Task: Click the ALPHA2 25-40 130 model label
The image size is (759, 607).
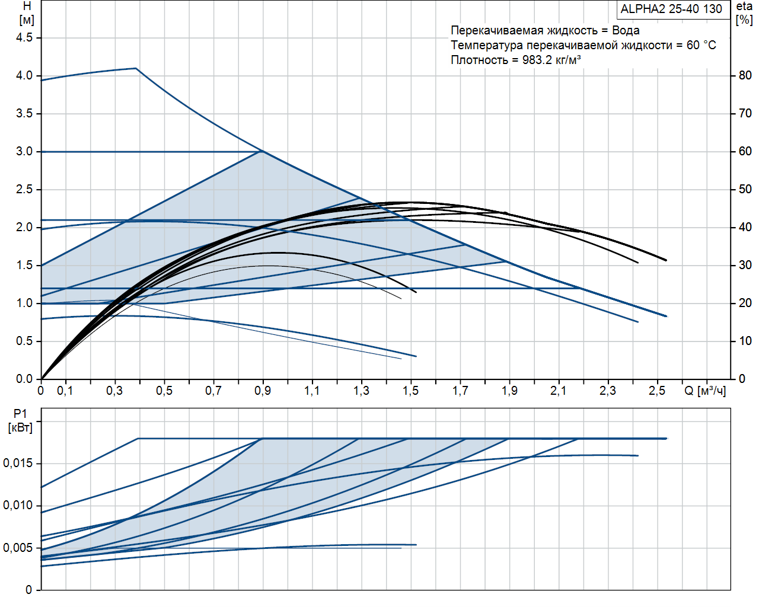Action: [671, 9]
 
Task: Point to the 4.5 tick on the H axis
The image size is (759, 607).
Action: [24, 37]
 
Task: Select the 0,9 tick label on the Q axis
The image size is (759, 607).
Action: [263, 391]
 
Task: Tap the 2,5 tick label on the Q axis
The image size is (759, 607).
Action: [657, 391]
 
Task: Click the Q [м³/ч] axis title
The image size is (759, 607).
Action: [704, 391]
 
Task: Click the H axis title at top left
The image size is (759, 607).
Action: [27, 12]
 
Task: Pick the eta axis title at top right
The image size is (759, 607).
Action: [744, 13]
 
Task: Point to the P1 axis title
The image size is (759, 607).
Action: [20, 421]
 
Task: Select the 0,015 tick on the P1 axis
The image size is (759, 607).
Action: [18, 464]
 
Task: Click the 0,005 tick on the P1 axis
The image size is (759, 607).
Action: [18, 548]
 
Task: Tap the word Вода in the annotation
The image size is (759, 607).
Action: [626, 30]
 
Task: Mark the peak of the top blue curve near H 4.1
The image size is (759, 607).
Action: [136, 68]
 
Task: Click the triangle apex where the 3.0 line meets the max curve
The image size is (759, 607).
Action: [261, 151]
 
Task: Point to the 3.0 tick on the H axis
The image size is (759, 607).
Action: [24, 151]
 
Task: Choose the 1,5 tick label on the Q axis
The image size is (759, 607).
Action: [410, 391]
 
